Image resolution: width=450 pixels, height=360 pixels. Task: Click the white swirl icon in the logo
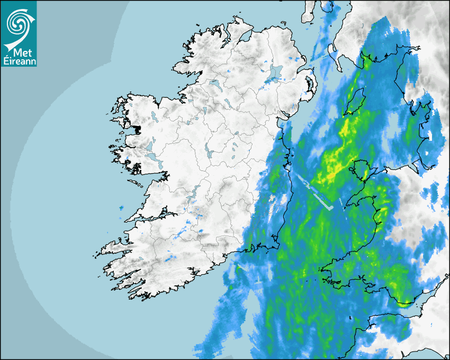19,22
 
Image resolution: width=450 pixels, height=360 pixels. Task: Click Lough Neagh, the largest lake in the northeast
275,73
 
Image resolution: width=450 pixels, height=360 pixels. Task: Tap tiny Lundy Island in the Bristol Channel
351,318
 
